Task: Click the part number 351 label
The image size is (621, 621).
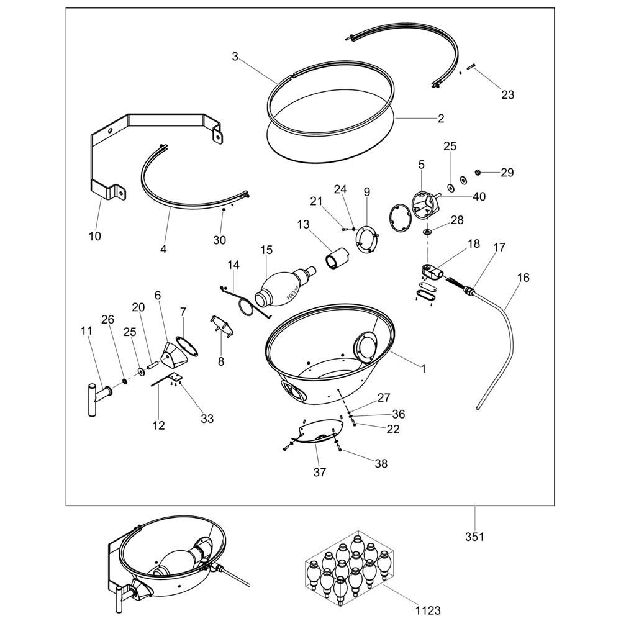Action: pyautogui.click(x=474, y=537)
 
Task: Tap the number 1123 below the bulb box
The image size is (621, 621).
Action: pyautogui.click(x=428, y=610)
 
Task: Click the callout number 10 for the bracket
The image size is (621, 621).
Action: pyautogui.click(x=95, y=236)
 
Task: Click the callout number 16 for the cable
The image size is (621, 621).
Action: pyautogui.click(x=523, y=278)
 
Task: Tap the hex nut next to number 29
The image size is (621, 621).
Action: pyautogui.click(x=478, y=172)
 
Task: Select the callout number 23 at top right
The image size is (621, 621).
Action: pyautogui.click(x=507, y=94)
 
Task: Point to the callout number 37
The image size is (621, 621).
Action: pyautogui.click(x=320, y=472)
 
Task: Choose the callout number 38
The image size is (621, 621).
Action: pyautogui.click(x=381, y=463)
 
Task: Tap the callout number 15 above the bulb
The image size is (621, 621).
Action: pyautogui.click(x=266, y=250)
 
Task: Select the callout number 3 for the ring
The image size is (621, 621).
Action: pyautogui.click(x=235, y=57)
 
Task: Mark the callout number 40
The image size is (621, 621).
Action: pyautogui.click(x=479, y=196)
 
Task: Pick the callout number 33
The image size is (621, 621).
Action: pyautogui.click(x=207, y=419)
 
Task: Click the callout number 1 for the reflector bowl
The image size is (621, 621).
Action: pyautogui.click(x=423, y=369)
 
